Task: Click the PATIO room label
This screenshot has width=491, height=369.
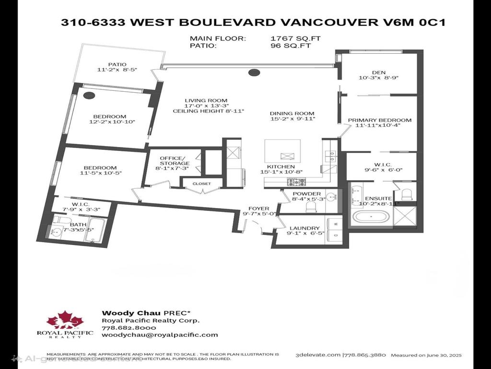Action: click(117, 63)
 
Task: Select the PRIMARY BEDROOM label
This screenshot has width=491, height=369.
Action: click(379, 120)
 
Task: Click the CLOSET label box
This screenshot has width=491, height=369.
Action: click(201, 184)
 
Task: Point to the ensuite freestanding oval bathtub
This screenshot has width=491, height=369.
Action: click(372, 218)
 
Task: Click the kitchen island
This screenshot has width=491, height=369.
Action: click(282, 151)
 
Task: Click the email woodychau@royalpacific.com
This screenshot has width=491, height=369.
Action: click(160, 335)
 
